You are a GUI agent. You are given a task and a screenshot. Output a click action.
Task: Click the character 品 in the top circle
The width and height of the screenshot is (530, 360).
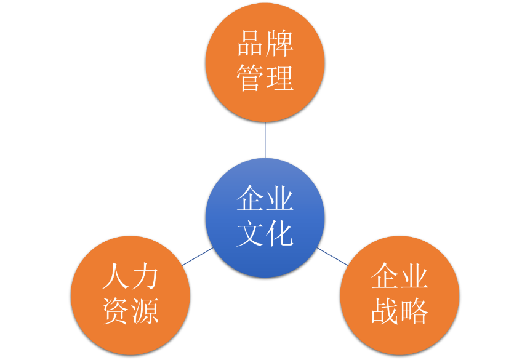(x=251, y=43)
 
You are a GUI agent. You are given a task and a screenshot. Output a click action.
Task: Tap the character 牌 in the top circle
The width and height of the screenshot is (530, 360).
(x=279, y=43)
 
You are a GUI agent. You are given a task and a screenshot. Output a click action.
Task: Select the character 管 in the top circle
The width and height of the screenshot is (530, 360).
(x=251, y=78)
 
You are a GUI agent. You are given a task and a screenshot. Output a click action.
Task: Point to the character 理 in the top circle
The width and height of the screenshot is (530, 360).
(x=279, y=78)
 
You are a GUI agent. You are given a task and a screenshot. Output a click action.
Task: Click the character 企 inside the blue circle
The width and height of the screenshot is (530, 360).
(x=251, y=198)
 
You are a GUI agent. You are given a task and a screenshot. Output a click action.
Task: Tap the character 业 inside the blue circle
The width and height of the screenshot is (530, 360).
(x=279, y=198)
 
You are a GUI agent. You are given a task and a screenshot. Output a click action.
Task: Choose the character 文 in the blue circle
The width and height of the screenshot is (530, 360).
(x=251, y=233)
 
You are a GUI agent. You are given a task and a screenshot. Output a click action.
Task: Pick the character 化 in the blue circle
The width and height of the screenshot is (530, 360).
(x=279, y=233)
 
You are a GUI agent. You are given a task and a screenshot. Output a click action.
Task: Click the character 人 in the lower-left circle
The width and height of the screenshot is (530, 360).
(x=116, y=276)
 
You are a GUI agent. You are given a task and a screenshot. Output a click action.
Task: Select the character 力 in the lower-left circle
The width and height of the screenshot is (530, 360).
(x=145, y=276)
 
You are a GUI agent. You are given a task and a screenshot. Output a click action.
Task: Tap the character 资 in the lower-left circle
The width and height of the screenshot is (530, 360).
(x=116, y=311)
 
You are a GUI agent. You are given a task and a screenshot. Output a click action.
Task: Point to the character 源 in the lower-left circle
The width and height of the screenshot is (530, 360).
(x=145, y=311)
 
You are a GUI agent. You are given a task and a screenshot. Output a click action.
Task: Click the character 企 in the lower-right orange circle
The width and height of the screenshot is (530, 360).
(x=385, y=276)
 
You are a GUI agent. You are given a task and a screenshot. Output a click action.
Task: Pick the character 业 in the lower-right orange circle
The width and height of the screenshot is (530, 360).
(x=414, y=276)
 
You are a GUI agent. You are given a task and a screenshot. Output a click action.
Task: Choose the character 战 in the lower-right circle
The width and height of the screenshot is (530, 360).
(x=385, y=311)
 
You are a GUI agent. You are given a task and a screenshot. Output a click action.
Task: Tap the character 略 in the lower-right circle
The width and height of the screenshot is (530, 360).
(x=414, y=311)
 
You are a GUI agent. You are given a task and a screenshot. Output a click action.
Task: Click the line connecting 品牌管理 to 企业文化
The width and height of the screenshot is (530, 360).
(x=265, y=140)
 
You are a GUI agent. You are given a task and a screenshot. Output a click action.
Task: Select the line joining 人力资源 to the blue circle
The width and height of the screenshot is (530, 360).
(x=198, y=257)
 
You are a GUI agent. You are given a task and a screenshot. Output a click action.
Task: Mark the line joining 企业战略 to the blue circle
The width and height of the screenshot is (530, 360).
(x=332, y=257)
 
